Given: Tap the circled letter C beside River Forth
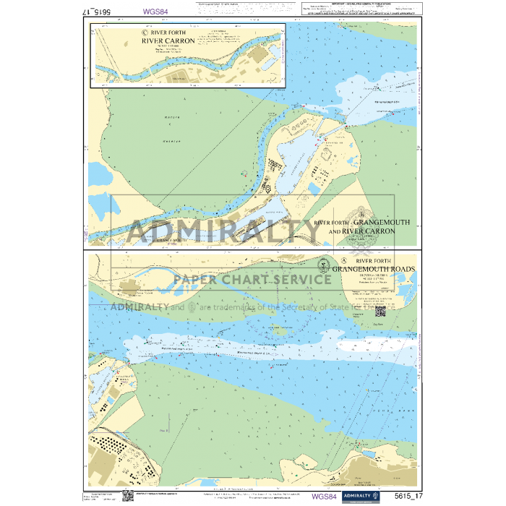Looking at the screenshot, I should (x=145, y=32).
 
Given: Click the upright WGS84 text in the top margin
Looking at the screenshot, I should (x=157, y=12).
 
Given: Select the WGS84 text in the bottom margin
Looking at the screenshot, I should (x=323, y=497).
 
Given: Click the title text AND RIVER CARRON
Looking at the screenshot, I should (x=361, y=231).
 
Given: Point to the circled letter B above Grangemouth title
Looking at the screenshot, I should (x=359, y=214).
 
